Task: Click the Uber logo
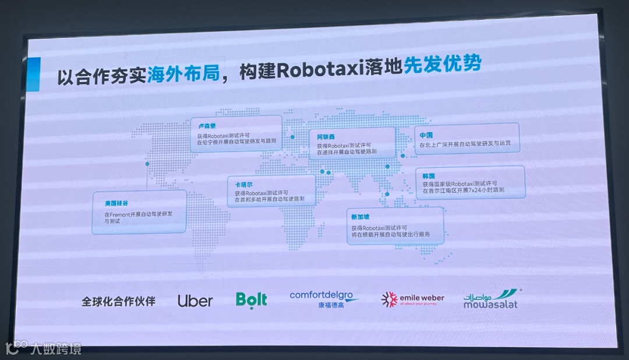click(195, 301)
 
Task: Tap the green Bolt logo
click(252, 299)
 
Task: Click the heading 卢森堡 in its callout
click(207, 125)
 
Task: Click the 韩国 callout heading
click(429, 175)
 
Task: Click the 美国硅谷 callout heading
click(116, 203)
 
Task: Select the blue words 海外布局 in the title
click(182, 74)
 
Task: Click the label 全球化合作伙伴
click(119, 301)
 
